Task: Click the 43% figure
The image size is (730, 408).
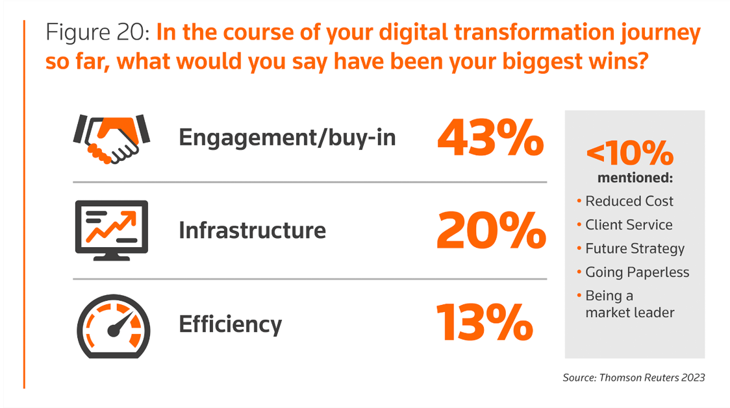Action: pyautogui.click(x=490, y=138)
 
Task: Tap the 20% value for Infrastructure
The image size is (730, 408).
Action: pyautogui.click(x=490, y=231)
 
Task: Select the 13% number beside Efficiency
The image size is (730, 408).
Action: pyautogui.click(x=484, y=322)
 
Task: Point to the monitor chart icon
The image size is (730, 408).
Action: pyautogui.click(x=111, y=230)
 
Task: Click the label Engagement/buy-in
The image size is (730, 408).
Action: pyautogui.click(x=287, y=138)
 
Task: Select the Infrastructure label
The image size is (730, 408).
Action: pyautogui.click(x=252, y=230)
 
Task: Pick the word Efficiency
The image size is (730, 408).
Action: pyautogui.click(x=231, y=324)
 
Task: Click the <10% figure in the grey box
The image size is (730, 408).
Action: pyautogui.click(x=630, y=154)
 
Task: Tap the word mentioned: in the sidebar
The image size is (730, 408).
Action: pyautogui.click(x=633, y=178)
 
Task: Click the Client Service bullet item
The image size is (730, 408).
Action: pyautogui.click(x=629, y=225)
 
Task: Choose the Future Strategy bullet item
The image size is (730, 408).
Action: pyautogui.click(x=635, y=248)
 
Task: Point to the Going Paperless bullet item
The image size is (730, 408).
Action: pyautogui.click(x=637, y=272)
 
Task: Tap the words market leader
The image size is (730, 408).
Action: pyautogui.click(x=629, y=313)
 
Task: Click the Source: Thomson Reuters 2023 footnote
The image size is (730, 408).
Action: pyautogui.click(x=633, y=378)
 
